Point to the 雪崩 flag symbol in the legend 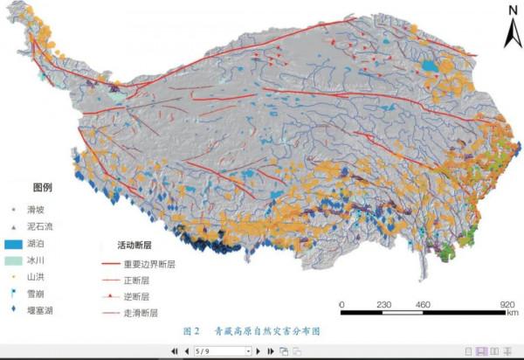coord(15,293)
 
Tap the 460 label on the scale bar coord(423,304)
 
